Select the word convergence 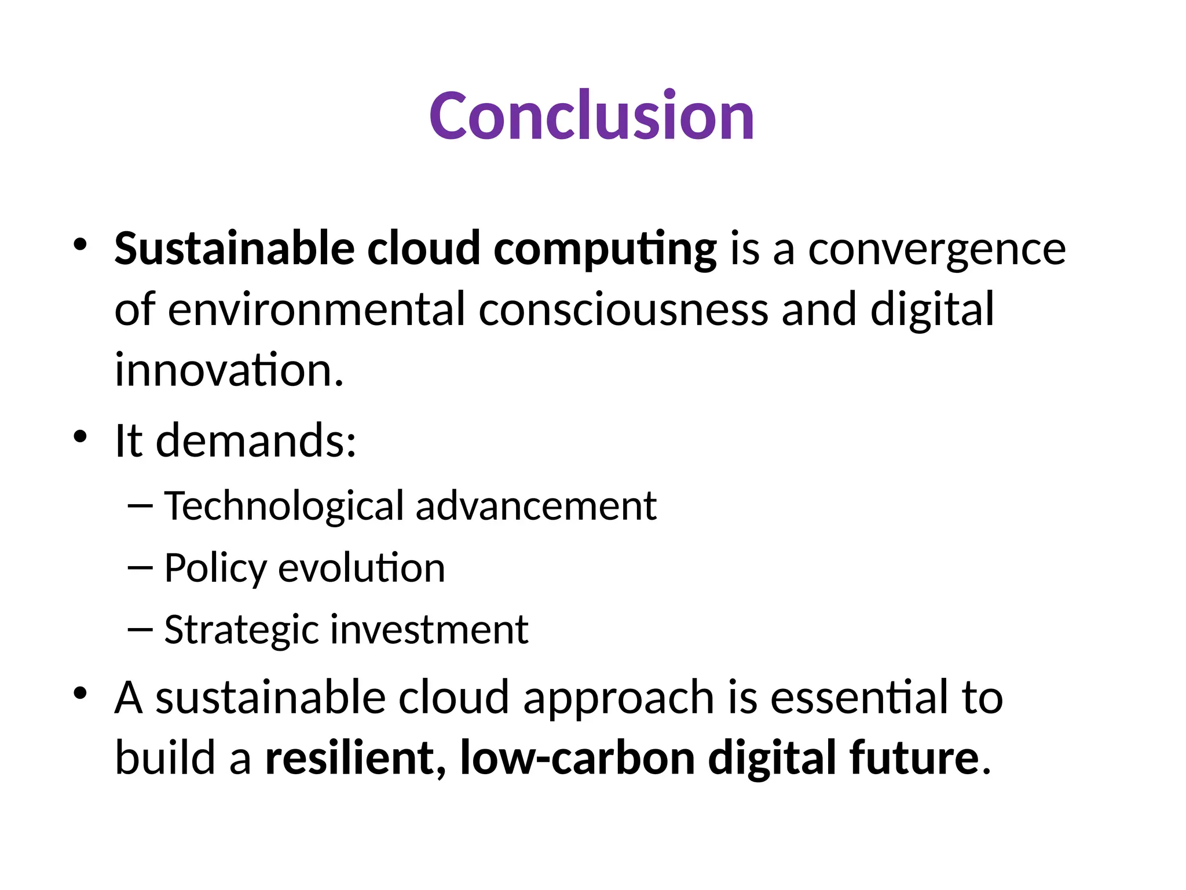936,249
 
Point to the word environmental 316,309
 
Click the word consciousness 623,309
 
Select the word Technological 284,506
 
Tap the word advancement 536,506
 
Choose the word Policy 215,568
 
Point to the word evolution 361,568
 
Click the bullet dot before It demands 80,436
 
